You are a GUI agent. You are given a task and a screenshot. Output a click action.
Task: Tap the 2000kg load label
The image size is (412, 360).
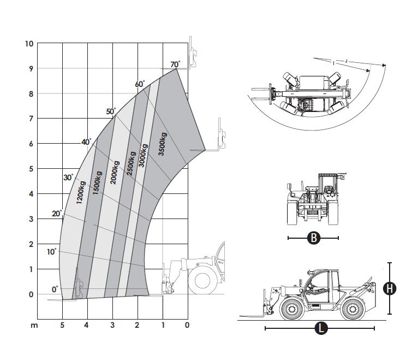coord(115,172)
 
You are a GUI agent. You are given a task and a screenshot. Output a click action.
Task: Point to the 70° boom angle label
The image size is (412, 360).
coord(175,64)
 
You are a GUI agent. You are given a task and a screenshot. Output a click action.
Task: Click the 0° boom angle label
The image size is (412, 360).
coord(55,289)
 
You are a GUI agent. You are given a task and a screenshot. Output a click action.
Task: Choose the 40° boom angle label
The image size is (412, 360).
coord(86,142)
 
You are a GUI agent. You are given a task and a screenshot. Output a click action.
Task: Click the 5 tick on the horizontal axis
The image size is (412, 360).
coord(62,326)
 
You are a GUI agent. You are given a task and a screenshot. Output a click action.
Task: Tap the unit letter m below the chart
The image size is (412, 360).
coord(34,326)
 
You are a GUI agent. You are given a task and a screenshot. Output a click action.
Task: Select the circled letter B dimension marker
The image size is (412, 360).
coord(313,238)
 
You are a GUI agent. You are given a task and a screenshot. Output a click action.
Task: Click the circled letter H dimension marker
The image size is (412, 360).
coord(389,288)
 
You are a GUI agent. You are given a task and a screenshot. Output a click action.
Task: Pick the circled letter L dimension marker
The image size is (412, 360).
coord(321,328)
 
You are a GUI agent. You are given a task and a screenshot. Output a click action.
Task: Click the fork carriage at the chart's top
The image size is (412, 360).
coord(192,55)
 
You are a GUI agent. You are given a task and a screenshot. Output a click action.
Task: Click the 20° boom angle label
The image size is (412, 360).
coord(57,214)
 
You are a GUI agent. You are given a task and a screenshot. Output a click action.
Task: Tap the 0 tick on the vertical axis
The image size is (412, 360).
coord(31,294)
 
